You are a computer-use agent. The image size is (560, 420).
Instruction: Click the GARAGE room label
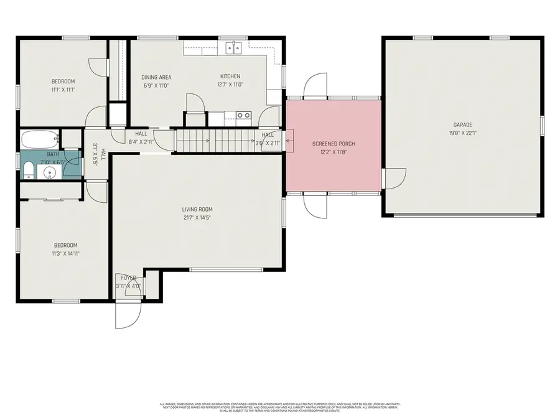[462, 125]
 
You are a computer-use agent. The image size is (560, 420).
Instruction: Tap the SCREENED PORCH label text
[333, 144]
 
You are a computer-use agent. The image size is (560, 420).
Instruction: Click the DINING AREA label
[156, 77]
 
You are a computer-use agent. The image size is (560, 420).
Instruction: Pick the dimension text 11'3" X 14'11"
[65, 253]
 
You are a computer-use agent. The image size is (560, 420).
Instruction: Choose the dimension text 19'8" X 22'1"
[462, 133]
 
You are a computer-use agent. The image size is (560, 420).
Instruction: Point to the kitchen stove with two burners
[243, 115]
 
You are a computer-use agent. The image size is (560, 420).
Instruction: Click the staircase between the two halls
[215, 140]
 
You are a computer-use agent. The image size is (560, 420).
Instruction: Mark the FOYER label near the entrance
[129, 278]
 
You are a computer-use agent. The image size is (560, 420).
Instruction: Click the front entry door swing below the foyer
[124, 314]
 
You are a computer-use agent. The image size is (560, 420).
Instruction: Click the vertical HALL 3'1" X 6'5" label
[99, 153]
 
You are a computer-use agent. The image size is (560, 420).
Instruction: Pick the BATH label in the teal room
[53, 154]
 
